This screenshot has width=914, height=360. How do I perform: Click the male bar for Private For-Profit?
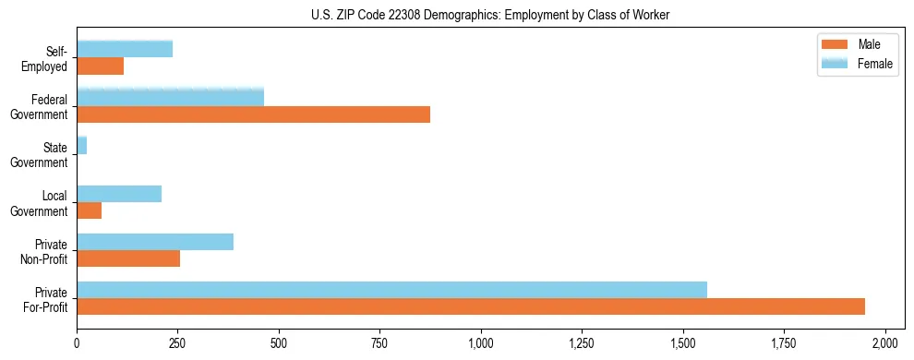pyautogui.click(x=471, y=306)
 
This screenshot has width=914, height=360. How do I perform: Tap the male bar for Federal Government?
pyautogui.click(x=253, y=114)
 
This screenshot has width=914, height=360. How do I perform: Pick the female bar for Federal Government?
pyautogui.click(x=170, y=97)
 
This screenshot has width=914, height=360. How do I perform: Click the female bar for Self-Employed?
pyautogui.click(x=125, y=49)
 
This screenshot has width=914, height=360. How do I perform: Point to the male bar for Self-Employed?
pyautogui.click(x=100, y=66)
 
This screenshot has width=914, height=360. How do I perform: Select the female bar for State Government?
pyautogui.click(x=81, y=145)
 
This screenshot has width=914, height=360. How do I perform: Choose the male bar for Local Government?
pyautogui.click(x=89, y=210)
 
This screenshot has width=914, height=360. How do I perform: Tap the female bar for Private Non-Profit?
pyautogui.click(x=155, y=242)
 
